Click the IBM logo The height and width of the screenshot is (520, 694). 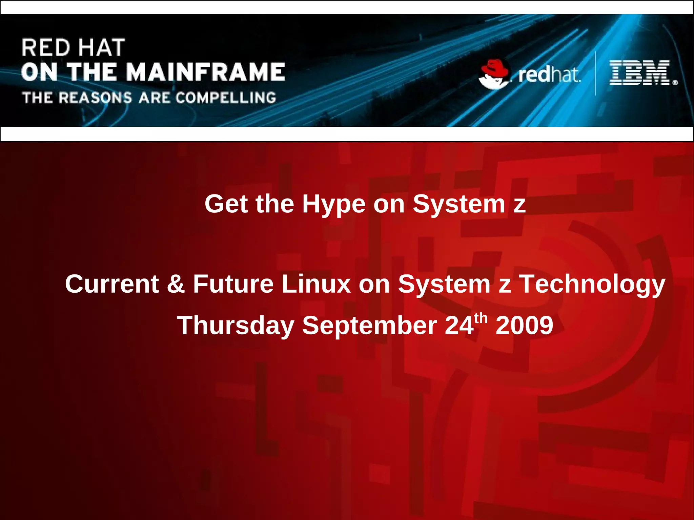pyautogui.click(x=640, y=72)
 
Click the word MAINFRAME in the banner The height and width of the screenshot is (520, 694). pyautogui.click(x=207, y=72)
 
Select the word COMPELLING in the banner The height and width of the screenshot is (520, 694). pyautogui.click(x=226, y=98)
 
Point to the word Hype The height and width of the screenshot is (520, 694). pyautogui.click(x=334, y=204)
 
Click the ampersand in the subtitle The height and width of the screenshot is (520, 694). pyautogui.click(x=176, y=284)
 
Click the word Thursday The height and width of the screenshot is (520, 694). pyautogui.click(x=236, y=326)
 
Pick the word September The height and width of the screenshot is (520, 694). pyautogui.click(x=369, y=326)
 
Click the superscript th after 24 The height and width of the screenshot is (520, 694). pyautogui.click(x=481, y=318)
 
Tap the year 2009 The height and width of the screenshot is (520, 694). pyautogui.click(x=524, y=326)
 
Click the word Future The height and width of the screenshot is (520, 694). pyautogui.click(x=233, y=284)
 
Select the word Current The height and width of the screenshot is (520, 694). pyautogui.click(x=112, y=284)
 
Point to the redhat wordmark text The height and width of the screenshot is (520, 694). pyautogui.click(x=549, y=75)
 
